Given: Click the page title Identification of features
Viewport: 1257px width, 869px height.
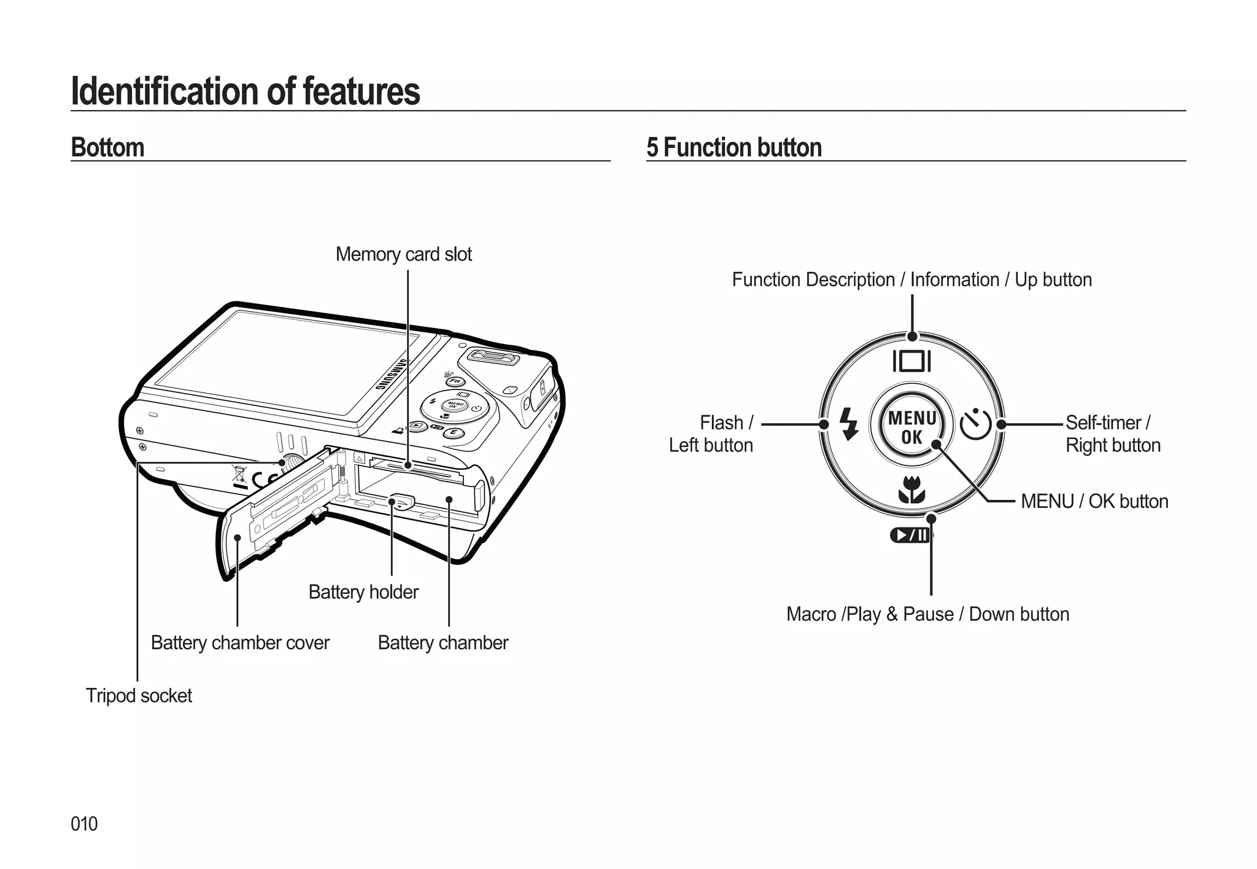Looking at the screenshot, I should [x=246, y=92].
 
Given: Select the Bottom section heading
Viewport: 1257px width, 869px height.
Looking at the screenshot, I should [x=107, y=147].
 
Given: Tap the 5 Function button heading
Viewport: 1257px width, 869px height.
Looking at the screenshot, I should [x=733, y=147].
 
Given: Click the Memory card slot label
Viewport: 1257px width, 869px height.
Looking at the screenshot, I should [x=403, y=254].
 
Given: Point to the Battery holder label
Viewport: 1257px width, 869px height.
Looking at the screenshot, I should [x=363, y=592].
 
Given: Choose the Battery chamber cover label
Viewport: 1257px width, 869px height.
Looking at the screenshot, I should [x=240, y=643].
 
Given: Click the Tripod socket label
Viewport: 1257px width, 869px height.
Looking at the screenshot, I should [x=139, y=696].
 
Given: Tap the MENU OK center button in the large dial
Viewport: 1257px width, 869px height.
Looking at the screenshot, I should [x=912, y=427].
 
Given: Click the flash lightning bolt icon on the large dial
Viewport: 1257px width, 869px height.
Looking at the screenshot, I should [x=849, y=424].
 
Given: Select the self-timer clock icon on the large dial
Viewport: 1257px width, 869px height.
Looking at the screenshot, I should [x=975, y=424].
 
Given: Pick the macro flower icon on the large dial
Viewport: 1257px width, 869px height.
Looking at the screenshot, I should [x=911, y=489].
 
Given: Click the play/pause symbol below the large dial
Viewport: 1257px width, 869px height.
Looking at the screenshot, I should [x=910, y=536].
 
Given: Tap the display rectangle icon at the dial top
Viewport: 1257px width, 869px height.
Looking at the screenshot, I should [x=912, y=361].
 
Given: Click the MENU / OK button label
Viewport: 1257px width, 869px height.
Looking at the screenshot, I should [x=1094, y=502].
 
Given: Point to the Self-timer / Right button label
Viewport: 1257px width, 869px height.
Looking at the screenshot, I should [x=1112, y=434].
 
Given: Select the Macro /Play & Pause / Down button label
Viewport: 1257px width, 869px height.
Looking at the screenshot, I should [x=927, y=614].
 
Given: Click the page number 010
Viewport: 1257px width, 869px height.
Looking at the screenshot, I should [x=84, y=824].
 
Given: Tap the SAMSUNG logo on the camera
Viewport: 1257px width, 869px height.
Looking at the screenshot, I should [x=391, y=375].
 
